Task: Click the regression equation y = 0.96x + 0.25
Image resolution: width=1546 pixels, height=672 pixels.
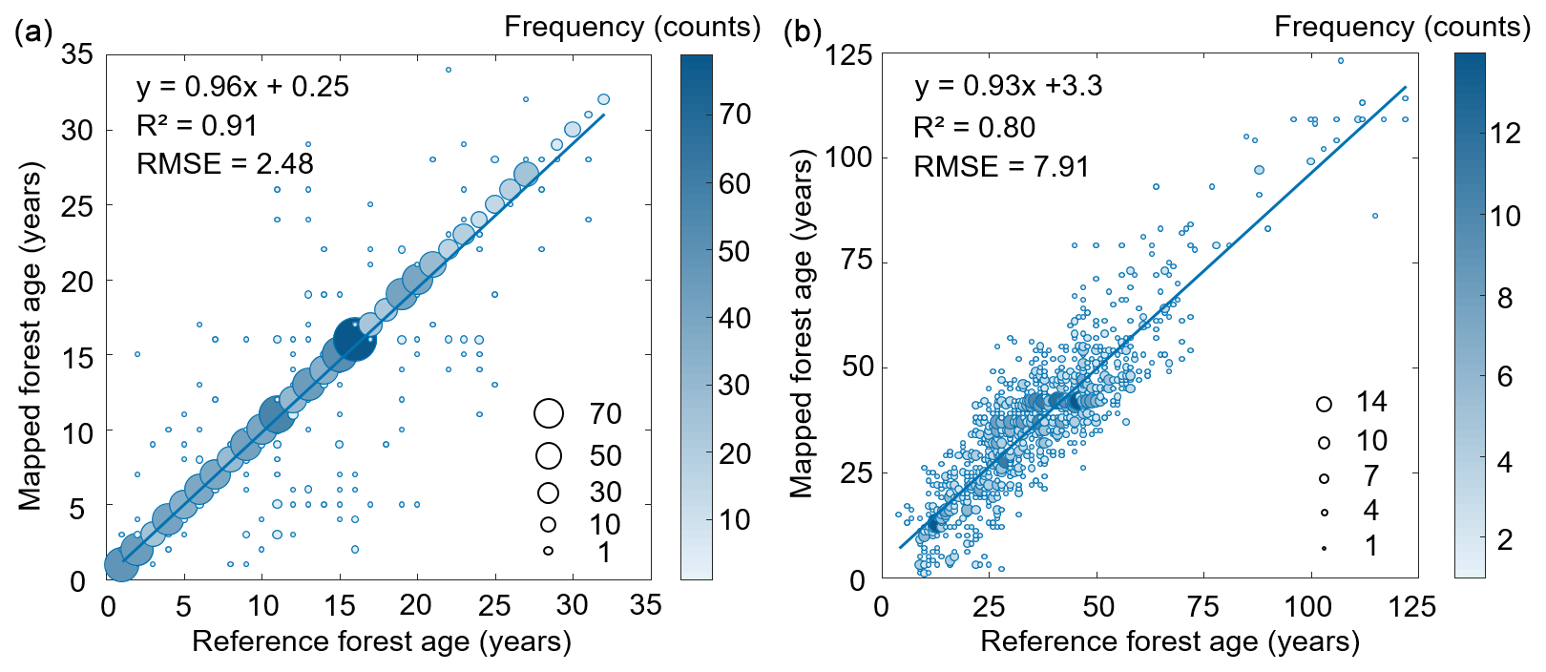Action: pos(242,87)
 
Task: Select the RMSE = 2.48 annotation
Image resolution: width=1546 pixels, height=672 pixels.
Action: pos(225,164)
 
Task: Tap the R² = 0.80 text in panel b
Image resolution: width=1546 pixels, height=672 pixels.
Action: pos(974,128)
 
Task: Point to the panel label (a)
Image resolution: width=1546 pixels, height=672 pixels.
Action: pos(33,33)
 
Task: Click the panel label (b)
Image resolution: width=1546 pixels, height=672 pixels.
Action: pos(803,33)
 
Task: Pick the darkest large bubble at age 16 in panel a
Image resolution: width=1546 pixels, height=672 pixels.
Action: pos(354,339)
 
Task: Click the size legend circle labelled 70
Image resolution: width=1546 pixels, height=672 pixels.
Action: pos(549,413)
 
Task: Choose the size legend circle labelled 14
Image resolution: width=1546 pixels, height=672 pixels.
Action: pos(1324,404)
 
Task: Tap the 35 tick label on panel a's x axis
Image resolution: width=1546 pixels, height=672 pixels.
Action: pos(646,605)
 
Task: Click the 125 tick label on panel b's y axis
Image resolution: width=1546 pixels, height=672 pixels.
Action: pos(848,55)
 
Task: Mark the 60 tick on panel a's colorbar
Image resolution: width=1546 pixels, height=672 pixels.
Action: pos(734,183)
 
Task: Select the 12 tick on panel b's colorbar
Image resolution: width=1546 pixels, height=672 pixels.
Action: pos(1505,134)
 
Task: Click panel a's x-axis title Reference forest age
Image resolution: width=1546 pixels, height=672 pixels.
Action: pos(382,641)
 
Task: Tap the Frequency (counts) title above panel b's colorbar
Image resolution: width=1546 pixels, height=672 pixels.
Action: pos(1402,27)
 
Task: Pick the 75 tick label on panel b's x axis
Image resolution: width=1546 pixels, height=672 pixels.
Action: pos(1204,606)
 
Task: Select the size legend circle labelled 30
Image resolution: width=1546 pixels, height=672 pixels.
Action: pos(548,493)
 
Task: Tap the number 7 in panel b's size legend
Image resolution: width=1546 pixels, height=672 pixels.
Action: pos(1371,475)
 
